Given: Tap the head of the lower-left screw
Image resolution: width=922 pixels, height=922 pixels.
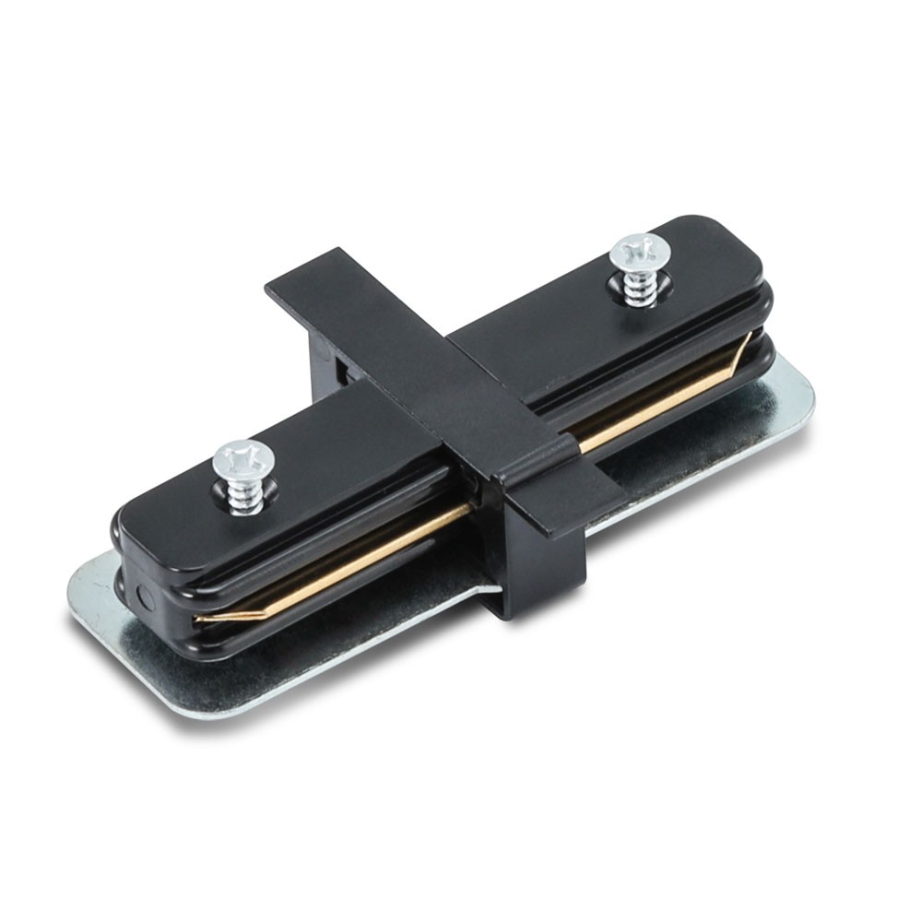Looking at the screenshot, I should pyautogui.click(x=242, y=457).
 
